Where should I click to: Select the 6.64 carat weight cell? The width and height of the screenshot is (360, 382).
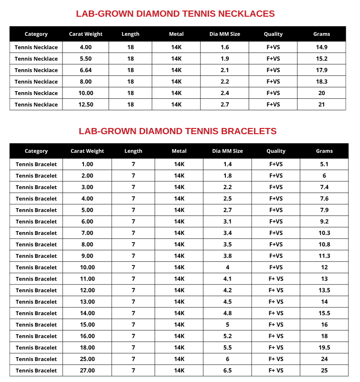coord(86,70)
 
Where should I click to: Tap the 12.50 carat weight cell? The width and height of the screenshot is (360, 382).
coord(86,105)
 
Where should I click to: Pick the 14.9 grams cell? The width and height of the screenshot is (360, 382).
coord(321,47)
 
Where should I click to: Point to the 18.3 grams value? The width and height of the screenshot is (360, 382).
coord(321,82)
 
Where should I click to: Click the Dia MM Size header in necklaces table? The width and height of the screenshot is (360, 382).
coord(224,34)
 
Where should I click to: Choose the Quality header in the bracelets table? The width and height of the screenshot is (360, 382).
coord(276,151)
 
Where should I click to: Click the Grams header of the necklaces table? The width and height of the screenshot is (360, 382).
coord(321,34)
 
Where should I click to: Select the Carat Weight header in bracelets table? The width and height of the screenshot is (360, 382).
coord(87,151)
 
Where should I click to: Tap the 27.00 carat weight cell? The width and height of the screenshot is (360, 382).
coord(87,371)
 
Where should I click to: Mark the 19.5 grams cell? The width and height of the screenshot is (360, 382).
coord(324,348)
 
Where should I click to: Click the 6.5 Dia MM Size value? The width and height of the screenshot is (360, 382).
coord(227,371)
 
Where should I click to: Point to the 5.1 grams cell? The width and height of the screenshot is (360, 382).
coord(324,164)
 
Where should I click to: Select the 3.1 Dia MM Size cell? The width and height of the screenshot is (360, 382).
coord(227,222)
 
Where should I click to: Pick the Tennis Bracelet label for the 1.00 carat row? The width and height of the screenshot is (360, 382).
coord(36,164)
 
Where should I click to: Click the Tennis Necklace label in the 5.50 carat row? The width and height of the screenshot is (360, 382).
coord(36,59)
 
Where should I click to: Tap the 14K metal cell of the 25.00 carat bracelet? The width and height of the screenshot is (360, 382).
coord(179,359)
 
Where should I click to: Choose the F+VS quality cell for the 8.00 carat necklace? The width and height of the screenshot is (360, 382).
coord(273,82)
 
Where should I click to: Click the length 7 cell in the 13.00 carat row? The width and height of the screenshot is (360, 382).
coord(133,302)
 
